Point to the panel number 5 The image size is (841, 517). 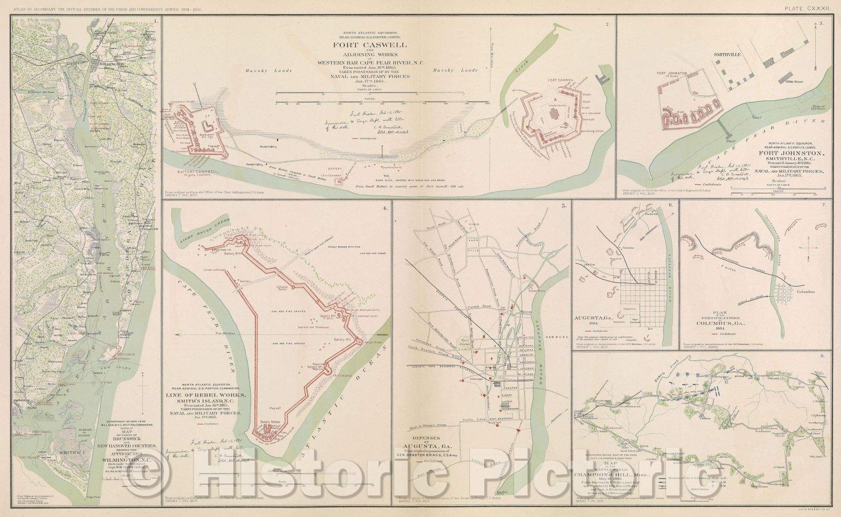click(x=563, y=207)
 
